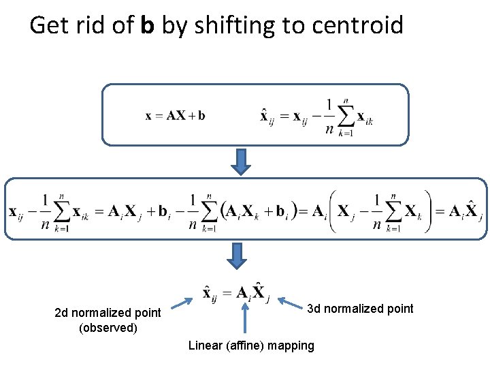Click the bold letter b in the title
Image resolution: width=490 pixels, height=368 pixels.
(x=148, y=26)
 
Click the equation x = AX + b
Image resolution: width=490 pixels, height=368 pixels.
(x=175, y=115)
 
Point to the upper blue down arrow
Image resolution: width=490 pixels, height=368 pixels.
(x=239, y=160)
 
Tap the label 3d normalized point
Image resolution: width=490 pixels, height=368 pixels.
(x=360, y=309)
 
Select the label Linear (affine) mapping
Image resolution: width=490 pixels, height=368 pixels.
(x=251, y=346)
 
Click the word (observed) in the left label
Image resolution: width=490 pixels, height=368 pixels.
(x=108, y=328)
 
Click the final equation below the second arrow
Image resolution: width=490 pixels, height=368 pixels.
(x=236, y=292)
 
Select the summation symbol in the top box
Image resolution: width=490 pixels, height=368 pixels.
(x=345, y=117)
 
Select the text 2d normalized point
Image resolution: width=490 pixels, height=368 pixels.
(x=108, y=313)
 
